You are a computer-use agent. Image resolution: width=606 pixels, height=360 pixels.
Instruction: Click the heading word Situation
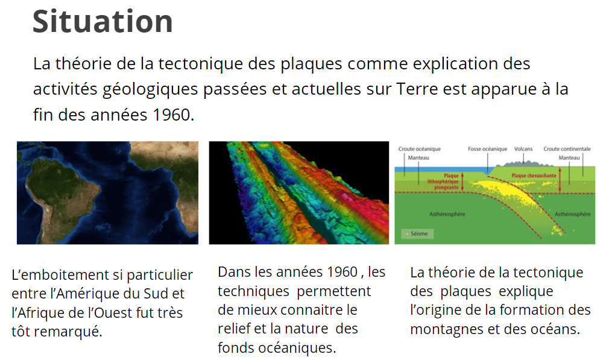coord(103,21)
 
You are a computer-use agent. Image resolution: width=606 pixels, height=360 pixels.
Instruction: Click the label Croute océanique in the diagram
coord(419,149)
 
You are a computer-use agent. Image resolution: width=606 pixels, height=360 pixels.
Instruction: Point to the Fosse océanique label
coord(487,149)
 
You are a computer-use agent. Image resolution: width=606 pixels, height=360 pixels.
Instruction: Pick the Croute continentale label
coord(567,149)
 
